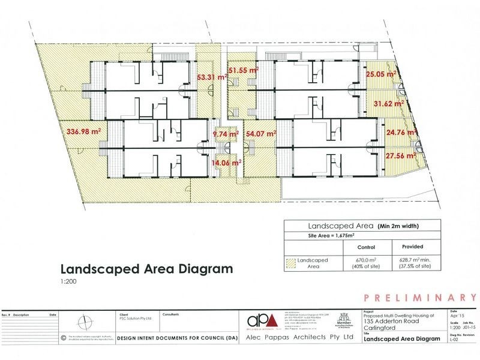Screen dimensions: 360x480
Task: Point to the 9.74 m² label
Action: (x=227, y=135)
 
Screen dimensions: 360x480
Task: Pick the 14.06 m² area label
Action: (x=226, y=162)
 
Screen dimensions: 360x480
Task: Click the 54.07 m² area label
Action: (x=260, y=133)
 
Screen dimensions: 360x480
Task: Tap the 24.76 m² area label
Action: (x=401, y=133)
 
